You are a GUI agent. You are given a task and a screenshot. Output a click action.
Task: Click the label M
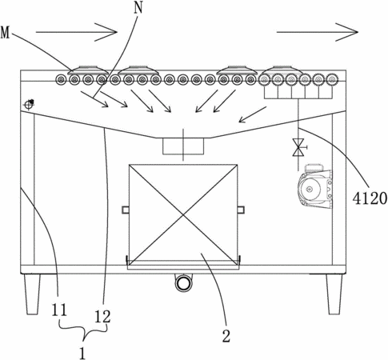pos(5,33)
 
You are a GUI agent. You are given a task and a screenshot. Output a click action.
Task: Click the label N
pos(138,8)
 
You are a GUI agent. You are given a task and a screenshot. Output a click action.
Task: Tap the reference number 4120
pos(370,198)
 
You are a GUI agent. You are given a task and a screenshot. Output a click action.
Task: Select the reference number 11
pos(59,310)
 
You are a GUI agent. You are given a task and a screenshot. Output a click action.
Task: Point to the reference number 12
pos(102,317)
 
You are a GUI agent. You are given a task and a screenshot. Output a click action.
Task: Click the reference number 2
pos(226,336)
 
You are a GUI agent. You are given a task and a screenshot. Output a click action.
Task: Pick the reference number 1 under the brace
pos(83,353)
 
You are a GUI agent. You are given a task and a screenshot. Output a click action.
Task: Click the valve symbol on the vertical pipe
pos(298,147)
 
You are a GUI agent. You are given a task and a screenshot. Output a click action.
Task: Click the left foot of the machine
pos(33,294)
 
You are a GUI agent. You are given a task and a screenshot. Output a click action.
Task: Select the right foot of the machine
pos(334,294)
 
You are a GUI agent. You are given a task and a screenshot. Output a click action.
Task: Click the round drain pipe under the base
pos(183,283)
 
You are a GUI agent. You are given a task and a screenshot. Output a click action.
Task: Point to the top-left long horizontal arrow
pos(77,32)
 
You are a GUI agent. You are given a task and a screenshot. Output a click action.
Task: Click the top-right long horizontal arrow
pos(318,32)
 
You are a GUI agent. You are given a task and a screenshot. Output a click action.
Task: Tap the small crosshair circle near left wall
pos(29,104)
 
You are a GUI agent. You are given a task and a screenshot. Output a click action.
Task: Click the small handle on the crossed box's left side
pos(126,210)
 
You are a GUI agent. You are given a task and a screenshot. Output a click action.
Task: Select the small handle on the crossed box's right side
pos(241,210)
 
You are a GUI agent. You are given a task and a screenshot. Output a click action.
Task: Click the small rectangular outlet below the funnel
pos(183,146)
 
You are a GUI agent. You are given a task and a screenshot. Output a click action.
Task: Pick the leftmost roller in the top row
pos(61,80)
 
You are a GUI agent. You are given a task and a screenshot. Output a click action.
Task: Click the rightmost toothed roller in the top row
pos(332,79)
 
